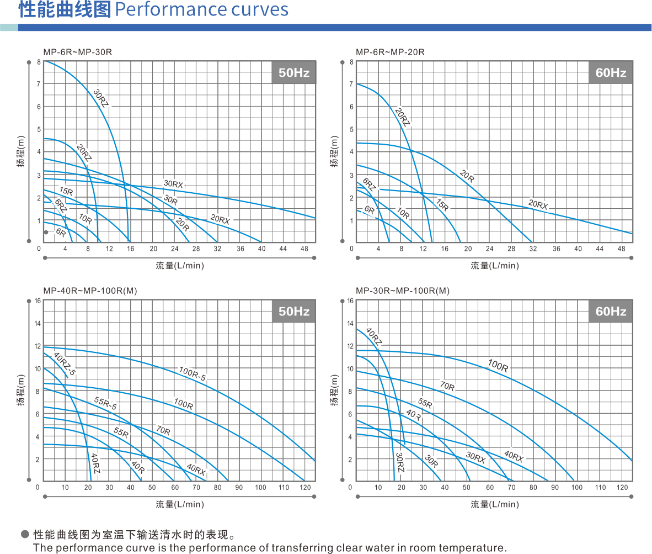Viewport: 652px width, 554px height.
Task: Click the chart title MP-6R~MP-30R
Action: click(78, 52)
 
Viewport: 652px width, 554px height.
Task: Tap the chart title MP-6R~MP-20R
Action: click(390, 52)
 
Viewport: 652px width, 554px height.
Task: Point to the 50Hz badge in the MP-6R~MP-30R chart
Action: click(293, 73)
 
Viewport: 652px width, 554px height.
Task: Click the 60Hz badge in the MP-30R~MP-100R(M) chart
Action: click(610, 312)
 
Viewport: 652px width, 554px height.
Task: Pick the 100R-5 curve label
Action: click(193, 374)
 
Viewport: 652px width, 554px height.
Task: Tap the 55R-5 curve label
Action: click(105, 403)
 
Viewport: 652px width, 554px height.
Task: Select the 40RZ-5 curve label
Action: click(65, 365)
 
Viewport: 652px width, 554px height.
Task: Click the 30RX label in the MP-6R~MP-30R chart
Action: click(173, 183)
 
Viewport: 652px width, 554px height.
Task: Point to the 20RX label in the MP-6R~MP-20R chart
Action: click(538, 204)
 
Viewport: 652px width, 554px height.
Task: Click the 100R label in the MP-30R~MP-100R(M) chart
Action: click(498, 365)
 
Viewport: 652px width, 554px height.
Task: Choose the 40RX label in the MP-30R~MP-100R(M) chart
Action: click(514, 456)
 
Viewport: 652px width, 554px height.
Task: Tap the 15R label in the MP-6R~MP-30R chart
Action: click(66, 191)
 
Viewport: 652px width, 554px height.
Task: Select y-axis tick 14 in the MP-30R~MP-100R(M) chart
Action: click(350, 323)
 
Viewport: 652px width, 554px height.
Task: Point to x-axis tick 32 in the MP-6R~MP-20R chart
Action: click(533, 249)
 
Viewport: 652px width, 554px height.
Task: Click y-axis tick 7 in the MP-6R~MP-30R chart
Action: click(39, 84)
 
